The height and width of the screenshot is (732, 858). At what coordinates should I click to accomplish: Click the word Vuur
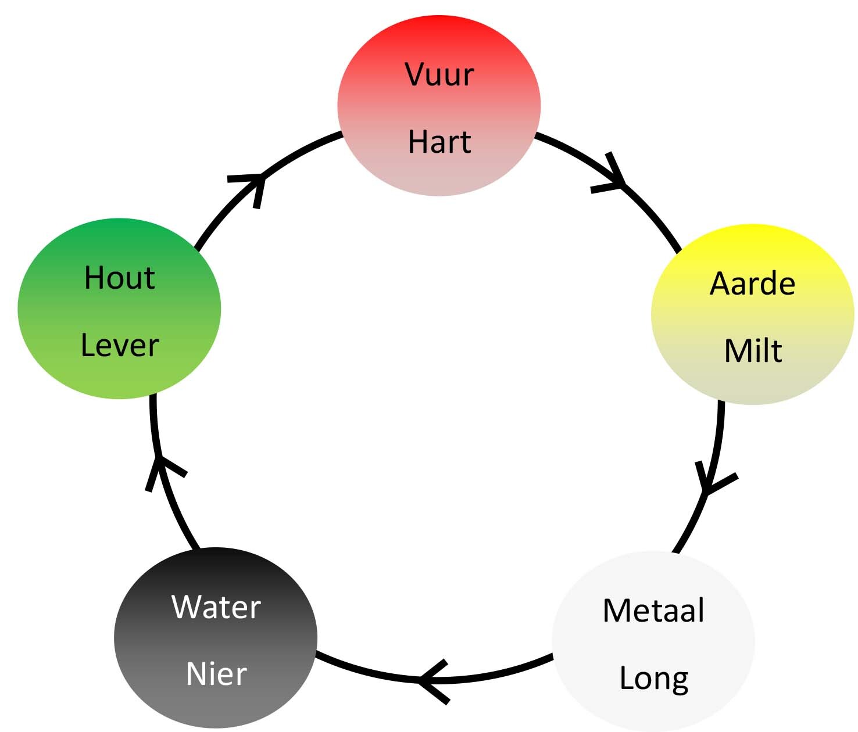point(439,75)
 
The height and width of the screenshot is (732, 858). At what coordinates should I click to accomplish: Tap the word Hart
point(439,142)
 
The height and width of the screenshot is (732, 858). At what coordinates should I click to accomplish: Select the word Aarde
point(752,284)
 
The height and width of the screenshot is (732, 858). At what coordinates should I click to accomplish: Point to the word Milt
point(753,351)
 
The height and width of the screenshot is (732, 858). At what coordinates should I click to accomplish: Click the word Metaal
point(653,611)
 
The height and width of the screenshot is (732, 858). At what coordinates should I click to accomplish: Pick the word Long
point(654,679)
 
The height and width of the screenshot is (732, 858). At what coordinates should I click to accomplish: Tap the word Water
point(216,608)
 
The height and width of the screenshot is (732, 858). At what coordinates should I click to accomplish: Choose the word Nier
point(216,674)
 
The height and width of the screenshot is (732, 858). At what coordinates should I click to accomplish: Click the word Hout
point(120,278)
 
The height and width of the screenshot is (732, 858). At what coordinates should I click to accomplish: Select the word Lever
point(120,346)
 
